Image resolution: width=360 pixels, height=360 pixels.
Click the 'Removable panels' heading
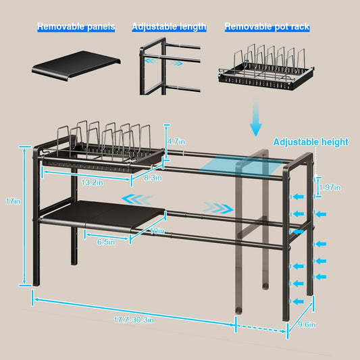[76, 26]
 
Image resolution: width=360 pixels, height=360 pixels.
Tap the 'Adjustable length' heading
[169, 26]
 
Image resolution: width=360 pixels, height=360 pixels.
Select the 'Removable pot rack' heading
[267, 26]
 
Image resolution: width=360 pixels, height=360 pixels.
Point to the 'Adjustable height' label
[311, 142]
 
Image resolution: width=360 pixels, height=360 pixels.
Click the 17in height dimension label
[13, 201]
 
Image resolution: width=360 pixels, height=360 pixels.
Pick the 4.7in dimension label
[176, 141]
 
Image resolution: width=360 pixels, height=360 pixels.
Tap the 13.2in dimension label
[93, 182]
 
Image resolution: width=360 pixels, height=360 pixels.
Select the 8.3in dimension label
[153, 178]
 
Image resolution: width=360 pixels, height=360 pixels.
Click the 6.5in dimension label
[106, 242]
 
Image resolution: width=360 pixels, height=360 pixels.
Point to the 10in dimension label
[157, 231]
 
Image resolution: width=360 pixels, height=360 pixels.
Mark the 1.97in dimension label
[330, 188]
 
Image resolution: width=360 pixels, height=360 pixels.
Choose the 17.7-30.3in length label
[134, 320]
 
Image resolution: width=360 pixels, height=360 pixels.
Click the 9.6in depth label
[307, 325]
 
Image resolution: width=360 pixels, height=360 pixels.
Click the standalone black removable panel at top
[76, 66]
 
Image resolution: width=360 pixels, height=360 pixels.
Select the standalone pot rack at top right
[266, 67]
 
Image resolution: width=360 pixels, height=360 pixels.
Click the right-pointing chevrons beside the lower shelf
[218, 208]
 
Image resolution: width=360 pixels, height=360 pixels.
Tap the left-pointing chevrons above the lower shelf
[137, 199]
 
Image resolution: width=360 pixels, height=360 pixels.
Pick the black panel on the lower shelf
[103, 213]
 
